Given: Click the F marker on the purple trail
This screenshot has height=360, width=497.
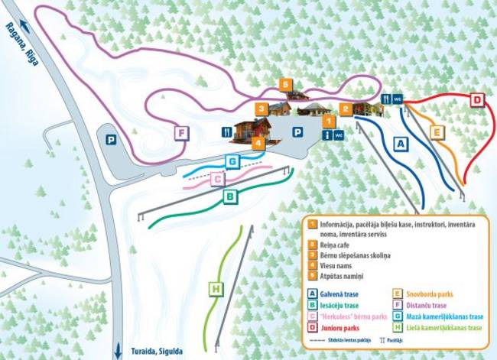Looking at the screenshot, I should pyautogui.click(x=181, y=133).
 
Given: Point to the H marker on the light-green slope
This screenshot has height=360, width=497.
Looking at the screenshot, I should pyautogui.click(x=217, y=289).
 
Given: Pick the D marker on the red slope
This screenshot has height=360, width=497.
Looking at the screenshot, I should pyautogui.click(x=476, y=100).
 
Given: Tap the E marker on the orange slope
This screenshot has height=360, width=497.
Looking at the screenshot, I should pyautogui.click(x=436, y=132).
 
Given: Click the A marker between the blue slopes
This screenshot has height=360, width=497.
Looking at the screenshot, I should pyautogui.click(x=399, y=142).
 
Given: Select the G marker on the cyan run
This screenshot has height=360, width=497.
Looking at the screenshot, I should pyautogui.click(x=232, y=161).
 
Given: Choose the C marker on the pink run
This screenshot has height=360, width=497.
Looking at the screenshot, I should pyautogui.click(x=217, y=179).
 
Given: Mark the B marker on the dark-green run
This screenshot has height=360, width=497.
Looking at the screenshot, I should pyautogui.click(x=229, y=196).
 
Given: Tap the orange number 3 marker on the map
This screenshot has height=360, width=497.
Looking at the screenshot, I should pyautogui.click(x=261, y=109).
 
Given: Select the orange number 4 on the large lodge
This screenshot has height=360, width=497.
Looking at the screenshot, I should pyautogui.click(x=258, y=143).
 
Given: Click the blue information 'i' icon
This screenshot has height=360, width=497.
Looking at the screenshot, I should pyautogui.click(x=328, y=135).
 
